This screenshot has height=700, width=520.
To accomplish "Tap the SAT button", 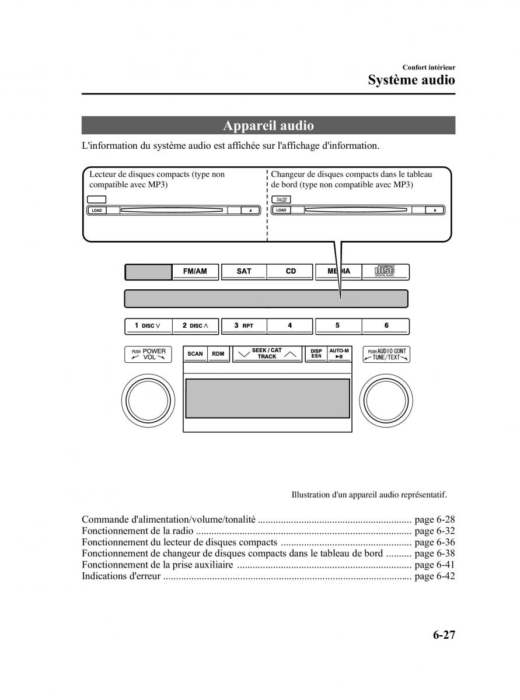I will click(243, 271).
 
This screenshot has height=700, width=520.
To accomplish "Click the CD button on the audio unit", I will click(291, 271).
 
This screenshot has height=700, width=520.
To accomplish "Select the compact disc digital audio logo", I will click(385, 271).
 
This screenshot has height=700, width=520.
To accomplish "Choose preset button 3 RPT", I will click(243, 325).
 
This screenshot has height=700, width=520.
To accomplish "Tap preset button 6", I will click(386, 325).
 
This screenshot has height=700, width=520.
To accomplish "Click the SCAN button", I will click(195, 354).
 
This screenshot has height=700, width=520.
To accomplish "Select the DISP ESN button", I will click(316, 354).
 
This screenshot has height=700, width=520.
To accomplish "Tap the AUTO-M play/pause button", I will click(339, 354).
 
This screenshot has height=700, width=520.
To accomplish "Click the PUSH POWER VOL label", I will click(148, 354).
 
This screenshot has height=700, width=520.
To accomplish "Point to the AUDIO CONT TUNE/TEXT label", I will click(386, 354).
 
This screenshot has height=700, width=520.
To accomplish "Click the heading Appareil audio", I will click(268, 126).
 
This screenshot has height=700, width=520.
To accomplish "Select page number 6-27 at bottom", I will click(444, 635).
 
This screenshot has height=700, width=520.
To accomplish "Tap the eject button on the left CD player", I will click(250, 210).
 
